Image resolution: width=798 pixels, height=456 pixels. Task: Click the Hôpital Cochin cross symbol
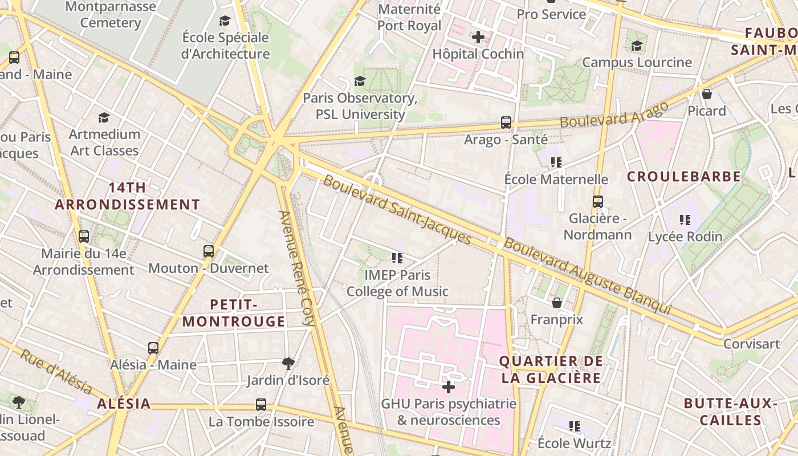click(478, 38)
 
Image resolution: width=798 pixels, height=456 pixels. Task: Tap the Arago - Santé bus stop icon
click(506, 122)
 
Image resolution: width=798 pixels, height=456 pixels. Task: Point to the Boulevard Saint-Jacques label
click(397, 210)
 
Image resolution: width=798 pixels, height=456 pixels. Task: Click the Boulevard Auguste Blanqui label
click(587, 275)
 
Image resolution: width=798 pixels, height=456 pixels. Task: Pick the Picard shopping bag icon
click(707, 93)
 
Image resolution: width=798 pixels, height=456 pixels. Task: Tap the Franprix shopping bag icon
click(557, 302)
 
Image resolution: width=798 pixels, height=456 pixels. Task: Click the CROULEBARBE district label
click(684, 177)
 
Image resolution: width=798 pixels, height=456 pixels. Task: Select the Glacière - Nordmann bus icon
click(597, 202)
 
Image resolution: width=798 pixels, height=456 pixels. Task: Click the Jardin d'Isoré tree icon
click(288, 363)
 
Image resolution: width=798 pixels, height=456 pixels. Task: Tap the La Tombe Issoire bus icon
click(261, 405)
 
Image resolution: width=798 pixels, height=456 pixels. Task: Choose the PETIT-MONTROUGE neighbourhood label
click(234, 313)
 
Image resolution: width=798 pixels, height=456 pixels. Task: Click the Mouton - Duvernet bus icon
click(209, 251)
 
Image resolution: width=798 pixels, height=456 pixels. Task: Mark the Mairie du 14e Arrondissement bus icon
click(84, 236)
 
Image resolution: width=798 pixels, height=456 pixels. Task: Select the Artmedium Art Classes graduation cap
click(104, 117)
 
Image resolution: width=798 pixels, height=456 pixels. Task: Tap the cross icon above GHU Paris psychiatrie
click(449, 387)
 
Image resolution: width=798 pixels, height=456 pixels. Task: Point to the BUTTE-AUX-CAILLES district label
click(731, 412)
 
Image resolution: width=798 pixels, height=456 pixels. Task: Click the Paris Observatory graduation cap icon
click(360, 81)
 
